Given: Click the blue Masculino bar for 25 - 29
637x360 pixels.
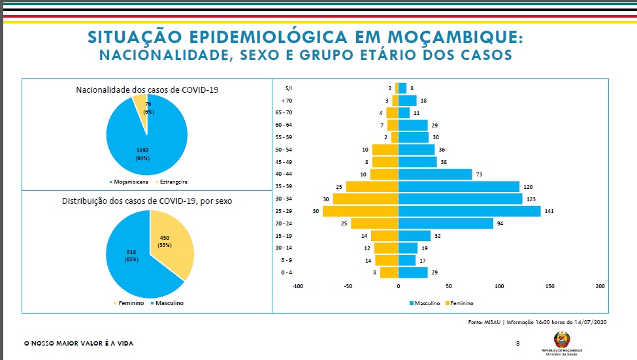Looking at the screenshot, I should [x=469, y=211].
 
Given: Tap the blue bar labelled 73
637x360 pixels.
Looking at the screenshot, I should [x=434, y=174].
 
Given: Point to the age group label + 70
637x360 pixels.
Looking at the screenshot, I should [x=286, y=101].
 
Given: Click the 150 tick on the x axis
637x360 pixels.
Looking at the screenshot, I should [x=550, y=286].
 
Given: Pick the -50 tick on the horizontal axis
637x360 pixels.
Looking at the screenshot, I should [x=348, y=286].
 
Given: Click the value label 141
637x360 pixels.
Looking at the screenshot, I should [x=549, y=211].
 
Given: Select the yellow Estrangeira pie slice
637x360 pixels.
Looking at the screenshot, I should [x=140, y=103].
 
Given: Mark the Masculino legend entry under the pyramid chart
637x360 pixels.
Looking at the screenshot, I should [x=428, y=303].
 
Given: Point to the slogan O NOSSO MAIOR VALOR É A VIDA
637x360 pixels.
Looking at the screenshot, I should [x=78, y=343].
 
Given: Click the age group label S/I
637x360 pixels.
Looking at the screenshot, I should [x=288, y=88].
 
